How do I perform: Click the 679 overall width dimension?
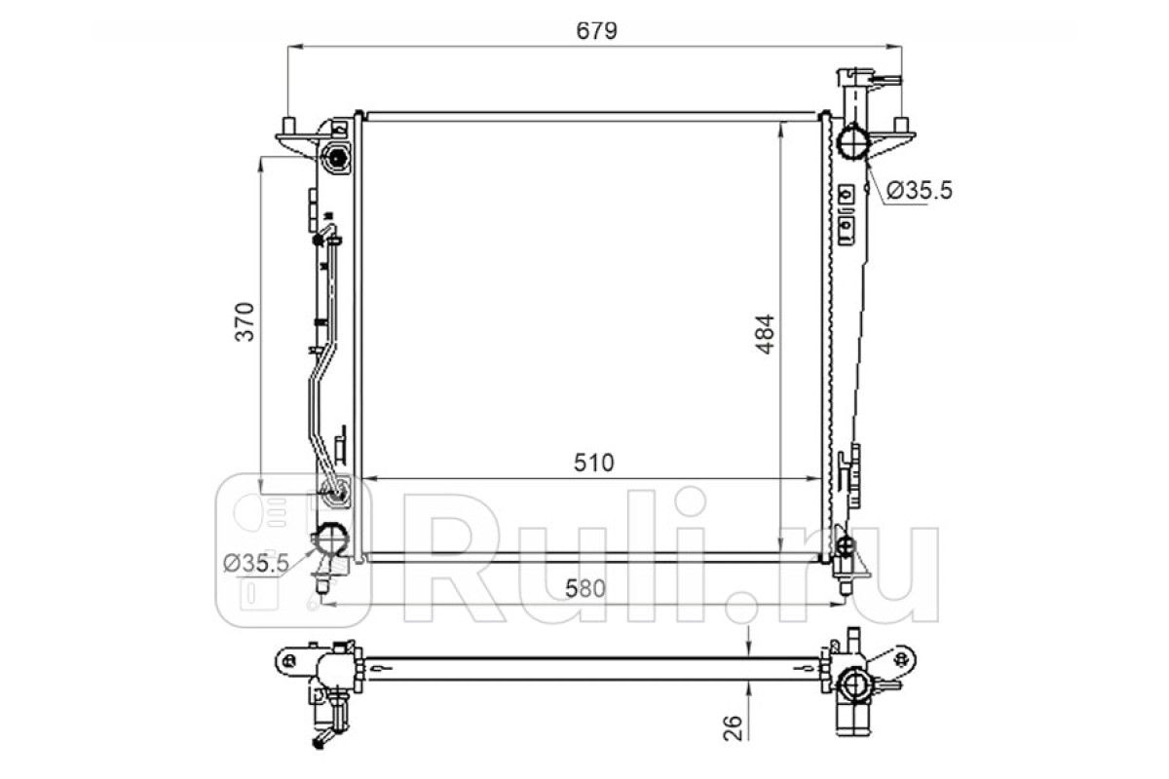[x=596, y=31]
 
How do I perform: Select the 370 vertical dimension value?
[x=245, y=322]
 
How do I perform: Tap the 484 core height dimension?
[x=765, y=334]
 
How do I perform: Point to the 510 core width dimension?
[x=594, y=463]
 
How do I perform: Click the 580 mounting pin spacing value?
[x=585, y=588]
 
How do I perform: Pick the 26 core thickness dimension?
[x=734, y=727]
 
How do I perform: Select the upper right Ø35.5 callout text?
[x=920, y=191]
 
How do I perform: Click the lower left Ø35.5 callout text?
[x=256, y=563]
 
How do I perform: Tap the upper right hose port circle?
[x=852, y=142]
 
